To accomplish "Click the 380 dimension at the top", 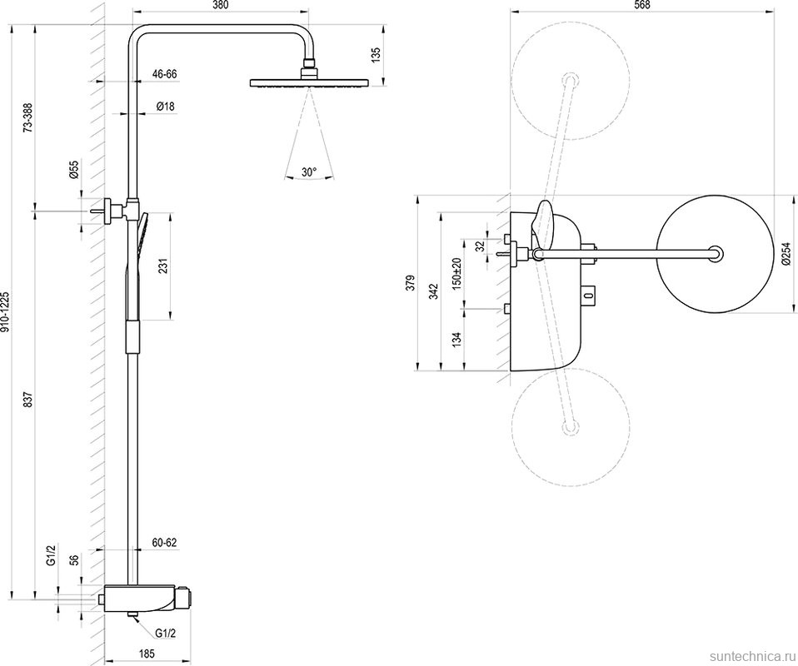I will pyautogui.click(x=220, y=6).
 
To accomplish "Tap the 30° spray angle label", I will pyautogui.click(x=309, y=172).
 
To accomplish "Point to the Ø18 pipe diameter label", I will pyautogui.click(x=165, y=106).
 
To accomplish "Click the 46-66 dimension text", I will pyautogui.click(x=165, y=74).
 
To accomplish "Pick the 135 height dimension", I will pyautogui.click(x=377, y=55).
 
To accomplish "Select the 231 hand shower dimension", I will pyautogui.click(x=163, y=265).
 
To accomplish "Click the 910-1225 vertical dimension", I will pyautogui.click(x=7, y=312).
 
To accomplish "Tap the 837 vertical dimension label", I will pyautogui.click(x=28, y=400).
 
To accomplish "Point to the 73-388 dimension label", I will pyautogui.click(x=28, y=117).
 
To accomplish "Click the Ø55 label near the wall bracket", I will pyautogui.click(x=74, y=170).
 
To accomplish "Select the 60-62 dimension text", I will pyautogui.click(x=165, y=542).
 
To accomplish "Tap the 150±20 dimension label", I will pyautogui.click(x=456, y=273).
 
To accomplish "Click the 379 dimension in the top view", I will pyautogui.click(x=408, y=283).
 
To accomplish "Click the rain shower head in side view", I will pyautogui.click(x=308, y=82).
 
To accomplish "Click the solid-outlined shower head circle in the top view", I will pyautogui.click(x=716, y=255).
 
